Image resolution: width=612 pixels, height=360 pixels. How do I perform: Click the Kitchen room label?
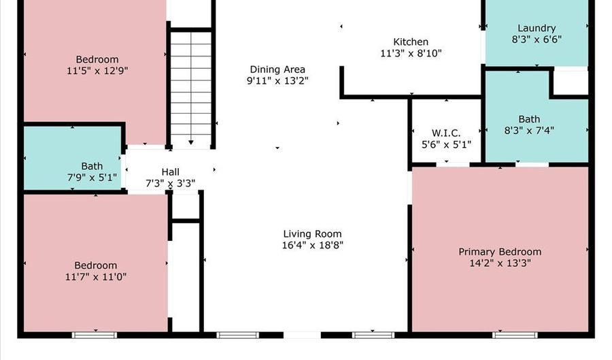click(411, 42)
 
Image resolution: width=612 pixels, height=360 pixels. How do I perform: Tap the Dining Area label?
click(277, 69)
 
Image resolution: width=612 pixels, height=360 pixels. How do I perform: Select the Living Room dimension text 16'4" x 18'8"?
click(313, 245)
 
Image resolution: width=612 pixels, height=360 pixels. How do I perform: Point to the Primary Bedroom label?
click(500, 252)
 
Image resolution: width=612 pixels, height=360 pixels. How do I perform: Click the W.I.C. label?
click(446, 133)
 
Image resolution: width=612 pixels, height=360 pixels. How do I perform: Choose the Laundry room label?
click(537, 28)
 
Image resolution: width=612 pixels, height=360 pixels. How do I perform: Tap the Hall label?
click(171, 171)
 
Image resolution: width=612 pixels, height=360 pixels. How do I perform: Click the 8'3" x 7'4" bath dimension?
click(529, 131)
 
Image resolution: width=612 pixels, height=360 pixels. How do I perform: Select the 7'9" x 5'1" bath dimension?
click(92, 178)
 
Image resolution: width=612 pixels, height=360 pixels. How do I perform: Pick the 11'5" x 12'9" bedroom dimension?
click(97, 71)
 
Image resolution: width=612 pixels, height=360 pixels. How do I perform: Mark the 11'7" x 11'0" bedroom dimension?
click(96, 277)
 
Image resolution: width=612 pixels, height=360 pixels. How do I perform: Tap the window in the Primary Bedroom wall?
click(515, 335)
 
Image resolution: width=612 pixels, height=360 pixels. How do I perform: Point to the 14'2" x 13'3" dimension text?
click(500, 263)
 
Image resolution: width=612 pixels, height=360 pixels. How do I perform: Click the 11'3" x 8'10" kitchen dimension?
click(411, 53)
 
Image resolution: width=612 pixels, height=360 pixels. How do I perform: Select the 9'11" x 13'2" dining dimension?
click(277, 81)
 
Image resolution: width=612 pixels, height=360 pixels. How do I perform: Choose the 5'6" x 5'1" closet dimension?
click(447, 144)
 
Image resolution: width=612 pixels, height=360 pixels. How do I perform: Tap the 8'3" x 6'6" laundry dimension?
click(537, 39)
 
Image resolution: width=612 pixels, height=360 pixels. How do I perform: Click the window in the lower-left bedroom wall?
click(94, 335)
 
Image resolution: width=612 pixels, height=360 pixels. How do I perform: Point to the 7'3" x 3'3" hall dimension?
click(171, 183)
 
